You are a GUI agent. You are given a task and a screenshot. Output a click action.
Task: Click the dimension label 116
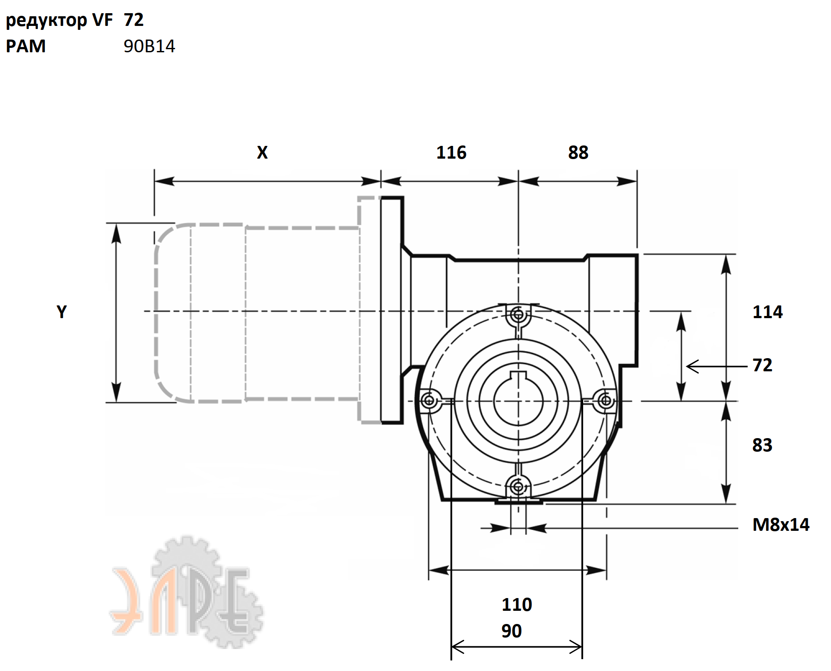click(451, 152)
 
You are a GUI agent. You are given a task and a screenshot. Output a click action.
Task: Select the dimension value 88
click(578, 152)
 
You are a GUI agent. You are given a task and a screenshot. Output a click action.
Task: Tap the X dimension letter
click(262, 152)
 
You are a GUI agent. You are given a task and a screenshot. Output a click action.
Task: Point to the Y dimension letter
click(62, 312)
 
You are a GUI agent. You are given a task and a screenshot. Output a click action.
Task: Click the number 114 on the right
click(767, 312)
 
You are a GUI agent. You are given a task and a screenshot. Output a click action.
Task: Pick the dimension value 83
click(762, 445)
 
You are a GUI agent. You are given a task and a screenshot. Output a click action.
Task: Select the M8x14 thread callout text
click(781, 525)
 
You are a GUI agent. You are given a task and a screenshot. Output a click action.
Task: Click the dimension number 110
click(517, 605)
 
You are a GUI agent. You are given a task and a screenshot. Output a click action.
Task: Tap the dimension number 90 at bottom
click(512, 631)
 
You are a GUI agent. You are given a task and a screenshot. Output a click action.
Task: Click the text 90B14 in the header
click(149, 46)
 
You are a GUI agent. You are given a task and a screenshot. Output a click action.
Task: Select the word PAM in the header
click(26, 46)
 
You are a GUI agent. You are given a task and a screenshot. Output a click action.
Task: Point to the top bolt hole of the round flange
click(518, 315)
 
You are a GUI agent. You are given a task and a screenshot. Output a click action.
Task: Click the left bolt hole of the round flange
click(429, 400)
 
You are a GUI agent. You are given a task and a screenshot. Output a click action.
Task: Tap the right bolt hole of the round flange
click(606, 400)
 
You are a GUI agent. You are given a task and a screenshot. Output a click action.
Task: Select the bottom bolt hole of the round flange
click(518, 486)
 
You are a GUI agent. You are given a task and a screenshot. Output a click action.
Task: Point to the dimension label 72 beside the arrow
click(762, 365)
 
